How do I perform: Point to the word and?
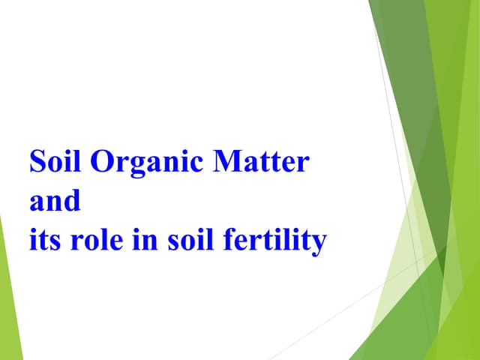(54, 202)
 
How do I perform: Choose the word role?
(94, 241)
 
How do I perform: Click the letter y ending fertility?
(320, 245)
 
